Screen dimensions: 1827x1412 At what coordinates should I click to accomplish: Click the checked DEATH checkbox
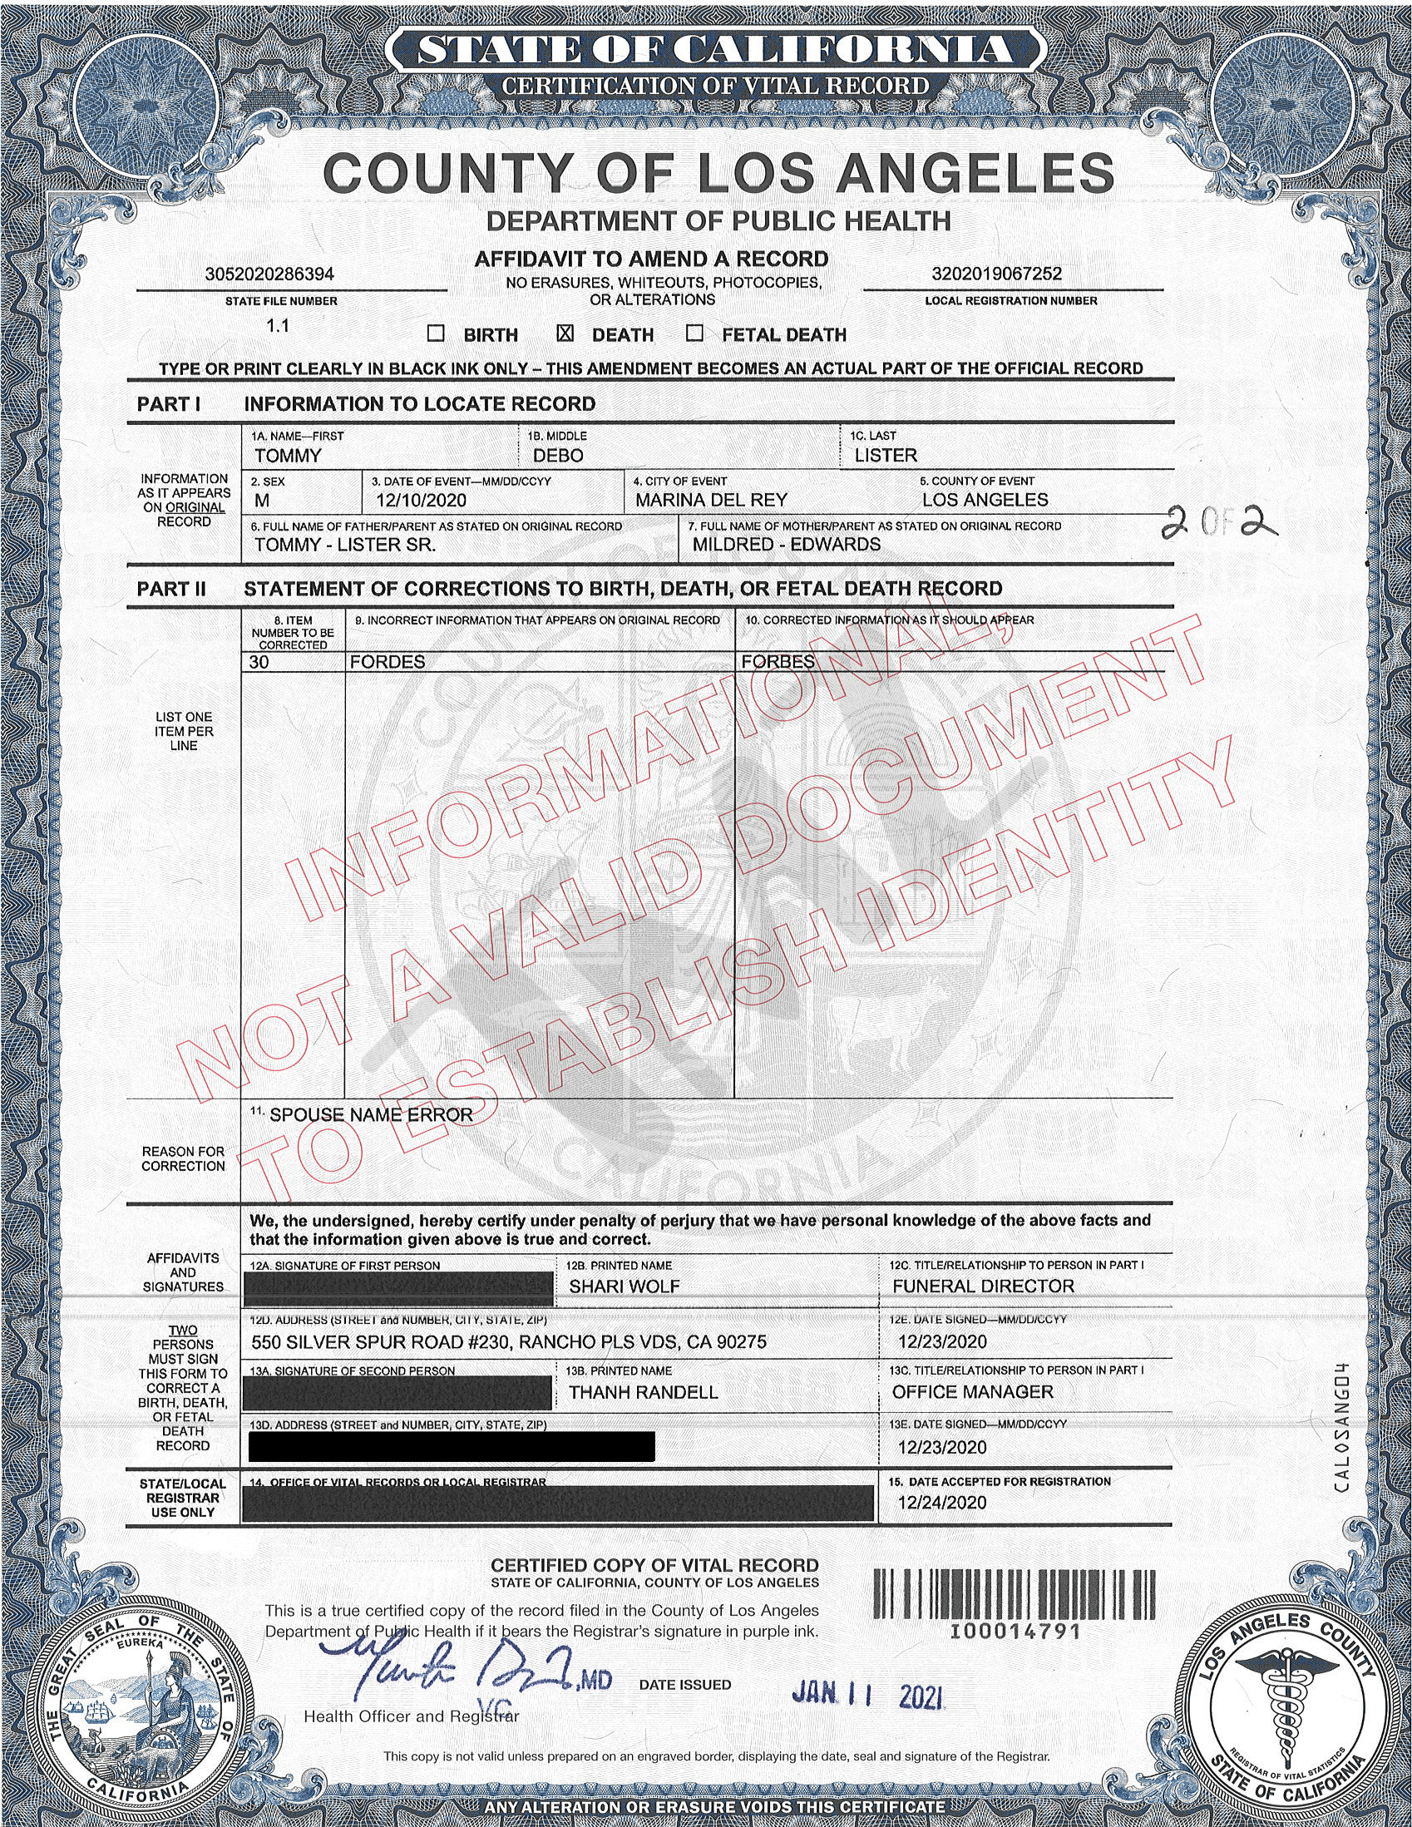click(565, 333)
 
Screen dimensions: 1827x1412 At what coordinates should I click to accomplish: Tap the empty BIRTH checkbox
click(436, 333)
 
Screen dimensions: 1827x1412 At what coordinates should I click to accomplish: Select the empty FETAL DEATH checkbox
click(694, 333)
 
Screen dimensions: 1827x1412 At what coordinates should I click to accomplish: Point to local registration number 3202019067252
click(996, 274)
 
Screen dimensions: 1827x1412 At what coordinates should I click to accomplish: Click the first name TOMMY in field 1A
click(288, 456)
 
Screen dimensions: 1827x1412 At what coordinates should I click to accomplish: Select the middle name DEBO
click(558, 456)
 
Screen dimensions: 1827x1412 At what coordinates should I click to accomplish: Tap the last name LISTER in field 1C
click(886, 456)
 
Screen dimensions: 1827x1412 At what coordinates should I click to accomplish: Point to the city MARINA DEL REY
click(711, 501)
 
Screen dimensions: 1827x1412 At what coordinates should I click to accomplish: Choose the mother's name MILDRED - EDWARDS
click(787, 545)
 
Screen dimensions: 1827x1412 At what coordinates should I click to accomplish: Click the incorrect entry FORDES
click(388, 662)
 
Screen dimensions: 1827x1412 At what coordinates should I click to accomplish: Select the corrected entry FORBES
click(778, 662)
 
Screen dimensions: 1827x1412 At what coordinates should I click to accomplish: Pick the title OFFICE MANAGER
click(973, 1392)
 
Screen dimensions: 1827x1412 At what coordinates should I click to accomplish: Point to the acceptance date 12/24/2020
click(942, 1504)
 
